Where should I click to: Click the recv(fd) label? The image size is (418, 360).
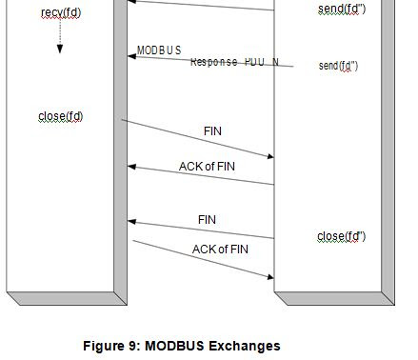pos(60,12)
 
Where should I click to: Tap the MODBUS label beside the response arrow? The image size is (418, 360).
pos(159,50)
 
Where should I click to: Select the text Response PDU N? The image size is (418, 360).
pos(234,62)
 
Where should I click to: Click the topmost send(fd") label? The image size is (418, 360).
pos(341,10)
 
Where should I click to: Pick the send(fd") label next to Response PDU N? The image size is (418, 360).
pos(338,66)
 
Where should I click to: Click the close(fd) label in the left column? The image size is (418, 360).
pos(60,117)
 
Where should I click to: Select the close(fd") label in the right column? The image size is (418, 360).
pos(341,235)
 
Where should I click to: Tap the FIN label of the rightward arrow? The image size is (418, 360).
pos(213,130)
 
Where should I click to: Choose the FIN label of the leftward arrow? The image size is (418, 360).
pos(207,220)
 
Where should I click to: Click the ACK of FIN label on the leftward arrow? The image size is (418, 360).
pos(207,167)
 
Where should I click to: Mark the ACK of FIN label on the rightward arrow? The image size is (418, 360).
pos(220,250)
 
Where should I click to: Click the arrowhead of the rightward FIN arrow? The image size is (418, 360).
pos(270,155)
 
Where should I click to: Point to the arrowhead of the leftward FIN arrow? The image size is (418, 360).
pos(132,222)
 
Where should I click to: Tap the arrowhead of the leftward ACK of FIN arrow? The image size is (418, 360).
pos(132,168)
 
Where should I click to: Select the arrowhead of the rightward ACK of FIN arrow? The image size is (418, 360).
pos(270,277)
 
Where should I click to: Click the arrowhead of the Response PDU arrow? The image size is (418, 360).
pos(132,56)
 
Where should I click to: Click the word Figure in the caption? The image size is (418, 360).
pos(104,346)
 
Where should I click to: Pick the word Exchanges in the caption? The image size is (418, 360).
pos(249,346)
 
